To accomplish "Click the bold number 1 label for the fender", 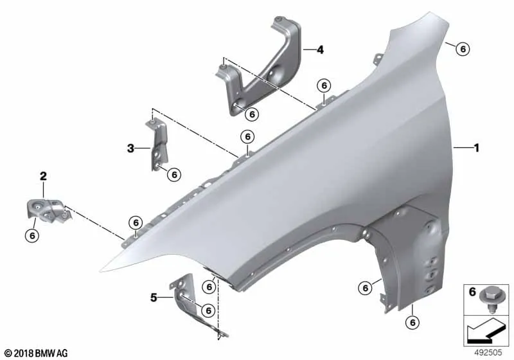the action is pos(477,148).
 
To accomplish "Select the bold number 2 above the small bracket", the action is pos(43,176).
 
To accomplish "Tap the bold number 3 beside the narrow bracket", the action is pos(130,148).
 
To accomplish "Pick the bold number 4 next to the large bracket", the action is pos(320,50).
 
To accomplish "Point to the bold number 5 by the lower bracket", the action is pos(154,298).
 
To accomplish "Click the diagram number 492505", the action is pos(488,352).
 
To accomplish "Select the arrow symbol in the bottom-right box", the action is pos(484,330).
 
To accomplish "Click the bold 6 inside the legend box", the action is pos(472,292).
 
